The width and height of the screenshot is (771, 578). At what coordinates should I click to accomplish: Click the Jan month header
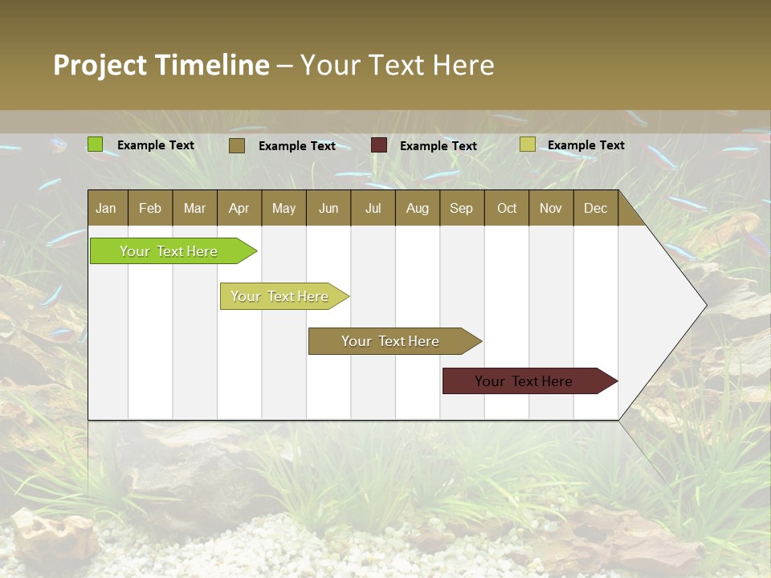coord(106,208)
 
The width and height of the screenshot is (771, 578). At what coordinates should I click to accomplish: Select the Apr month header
coord(239,208)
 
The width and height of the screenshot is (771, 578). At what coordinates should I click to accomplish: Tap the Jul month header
coord(373,208)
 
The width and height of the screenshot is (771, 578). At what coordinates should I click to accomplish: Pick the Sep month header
coord(461,208)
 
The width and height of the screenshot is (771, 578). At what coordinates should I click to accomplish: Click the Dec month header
coord(595,208)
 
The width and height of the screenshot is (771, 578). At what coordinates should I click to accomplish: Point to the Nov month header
coord(550,208)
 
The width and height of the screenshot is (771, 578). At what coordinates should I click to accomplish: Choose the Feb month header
coord(150,208)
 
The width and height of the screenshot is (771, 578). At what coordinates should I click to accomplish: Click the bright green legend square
coord(95,144)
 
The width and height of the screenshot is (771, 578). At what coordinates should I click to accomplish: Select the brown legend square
coord(236,145)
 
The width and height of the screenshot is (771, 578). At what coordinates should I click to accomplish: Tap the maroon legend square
coord(379,145)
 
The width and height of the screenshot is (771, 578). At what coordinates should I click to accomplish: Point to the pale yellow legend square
coord(527,144)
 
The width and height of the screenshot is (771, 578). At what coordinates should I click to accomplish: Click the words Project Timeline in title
coord(161,65)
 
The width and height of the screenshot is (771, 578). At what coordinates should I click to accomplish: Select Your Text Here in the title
coord(397,65)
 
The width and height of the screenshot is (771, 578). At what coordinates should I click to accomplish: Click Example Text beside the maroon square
coord(438,145)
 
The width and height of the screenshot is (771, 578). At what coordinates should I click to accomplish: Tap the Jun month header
coord(328,208)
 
